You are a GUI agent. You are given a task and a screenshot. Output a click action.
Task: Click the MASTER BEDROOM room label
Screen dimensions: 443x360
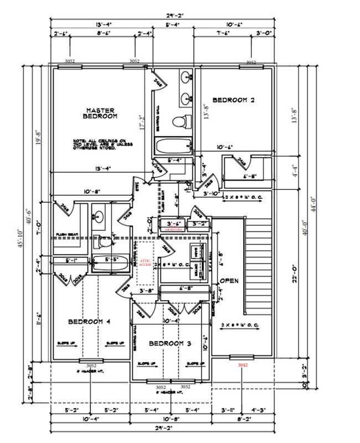click(100, 113)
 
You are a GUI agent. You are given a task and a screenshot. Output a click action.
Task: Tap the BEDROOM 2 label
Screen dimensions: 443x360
click(233, 100)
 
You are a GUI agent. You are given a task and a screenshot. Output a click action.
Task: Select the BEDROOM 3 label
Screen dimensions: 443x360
click(171, 344)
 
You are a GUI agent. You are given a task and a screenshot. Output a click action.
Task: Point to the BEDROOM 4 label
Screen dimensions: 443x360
click(90, 322)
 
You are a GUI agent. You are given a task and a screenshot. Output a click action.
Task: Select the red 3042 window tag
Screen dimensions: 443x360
click(243, 365)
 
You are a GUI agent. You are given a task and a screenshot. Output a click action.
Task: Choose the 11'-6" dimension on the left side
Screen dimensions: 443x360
click(38, 322)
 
